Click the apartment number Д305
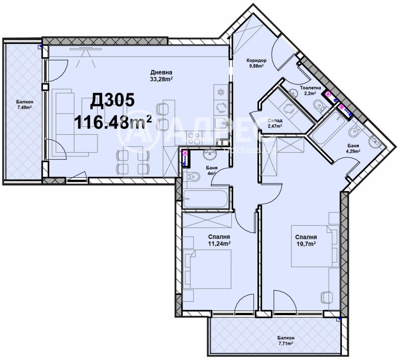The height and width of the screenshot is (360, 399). pyautogui.click(x=112, y=100)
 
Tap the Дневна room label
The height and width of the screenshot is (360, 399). pyautogui.click(x=161, y=72)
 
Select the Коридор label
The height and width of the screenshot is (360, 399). pyautogui.click(x=256, y=61)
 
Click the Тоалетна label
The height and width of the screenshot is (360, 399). pyautogui.click(x=310, y=88)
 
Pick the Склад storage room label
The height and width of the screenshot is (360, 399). pyautogui.click(x=275, y=121)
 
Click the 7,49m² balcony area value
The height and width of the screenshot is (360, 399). pyautogui.click(x=24, y=107)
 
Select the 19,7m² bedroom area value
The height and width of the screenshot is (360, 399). pyautogui.click(x=306, y=244)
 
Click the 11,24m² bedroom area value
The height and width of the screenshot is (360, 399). pyautogui.click(x=219, y=244)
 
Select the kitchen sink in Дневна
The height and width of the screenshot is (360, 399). pyautogui.click(x=221, y=124)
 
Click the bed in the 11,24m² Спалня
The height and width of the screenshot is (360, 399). pyautogui.click(x=207, y=269)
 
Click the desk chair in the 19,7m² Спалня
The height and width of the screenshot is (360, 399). pyautogui.click(x=326, y=297)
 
